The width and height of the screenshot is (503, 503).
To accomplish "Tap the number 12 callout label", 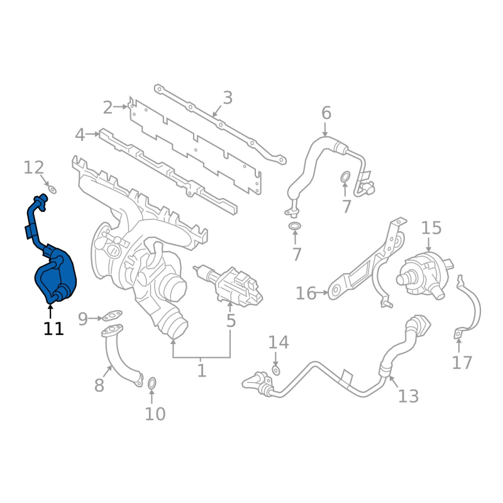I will tap(34, 168).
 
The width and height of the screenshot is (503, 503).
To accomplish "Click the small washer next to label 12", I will tap(52, 189).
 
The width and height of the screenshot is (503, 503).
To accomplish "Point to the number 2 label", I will tap(108, 108).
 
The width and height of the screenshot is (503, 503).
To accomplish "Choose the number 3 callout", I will tap(228, 98).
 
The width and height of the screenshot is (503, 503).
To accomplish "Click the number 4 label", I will tap(80, 135).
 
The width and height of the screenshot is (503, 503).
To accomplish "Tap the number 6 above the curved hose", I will tap(326, 113).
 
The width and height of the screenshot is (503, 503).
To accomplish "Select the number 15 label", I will tap(431, 228).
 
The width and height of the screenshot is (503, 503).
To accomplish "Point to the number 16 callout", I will tap(306, 293).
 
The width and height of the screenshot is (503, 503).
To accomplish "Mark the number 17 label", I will tap(462, 363).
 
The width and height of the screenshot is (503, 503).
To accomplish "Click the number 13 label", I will tap(408, 395).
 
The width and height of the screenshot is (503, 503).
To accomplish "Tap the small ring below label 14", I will tap(276, 372).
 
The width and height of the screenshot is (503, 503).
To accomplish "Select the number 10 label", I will tap(155, 414).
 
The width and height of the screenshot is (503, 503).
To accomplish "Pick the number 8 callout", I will tap(99, 385).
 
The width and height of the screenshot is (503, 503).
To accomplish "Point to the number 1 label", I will tap(201, 371).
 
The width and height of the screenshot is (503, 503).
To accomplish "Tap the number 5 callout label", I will tap(231, 321).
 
